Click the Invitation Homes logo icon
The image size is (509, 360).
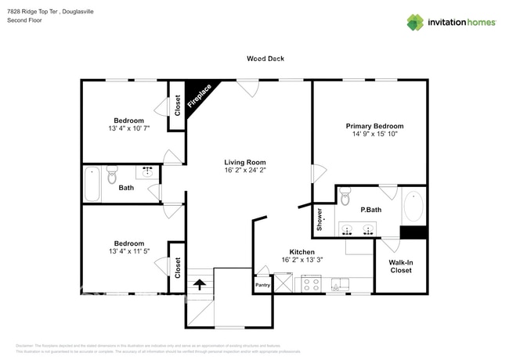click(x=414, y=22)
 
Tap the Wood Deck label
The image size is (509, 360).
click(x=265, y=59)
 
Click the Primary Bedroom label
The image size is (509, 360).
click(x=374, y=126)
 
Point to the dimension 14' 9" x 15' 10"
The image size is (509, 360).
click(x=374, y=135)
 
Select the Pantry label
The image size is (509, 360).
click(x=262, y=286)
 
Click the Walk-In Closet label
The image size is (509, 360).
click(x=400, y=266)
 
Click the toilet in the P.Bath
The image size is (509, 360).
click(x=345, y=197)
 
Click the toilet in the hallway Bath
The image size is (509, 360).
click(x=111, y=172)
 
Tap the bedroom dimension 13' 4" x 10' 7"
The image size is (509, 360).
click(x=128, y=128)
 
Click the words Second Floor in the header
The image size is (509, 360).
click(x=24, y=20)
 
